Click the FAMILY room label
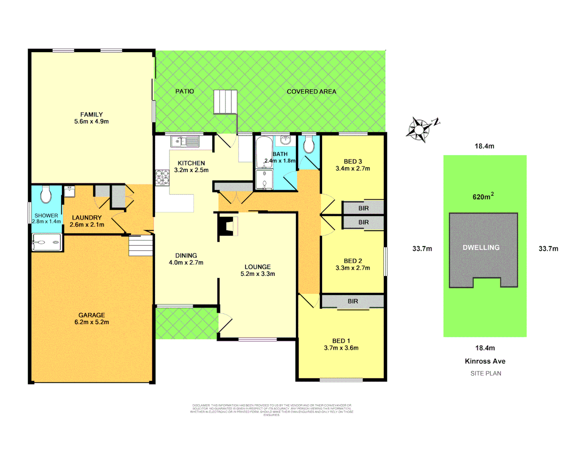[x=91, y=114]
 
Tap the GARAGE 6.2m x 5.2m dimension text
[x=91, y=322]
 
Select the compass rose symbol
[x=420, y=129]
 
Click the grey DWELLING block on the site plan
[x=482, y=247]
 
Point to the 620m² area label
[x=482, y=197]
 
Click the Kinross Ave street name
[x=485, y=361]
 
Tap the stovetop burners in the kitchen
[x=162, y=177]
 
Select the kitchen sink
[x=185, y=141]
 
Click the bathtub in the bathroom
[x=264, y=152]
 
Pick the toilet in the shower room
[x=46, y=195]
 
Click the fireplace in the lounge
[x=227, y=226]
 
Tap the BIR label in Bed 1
[x=353, y=301]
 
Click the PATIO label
[x=184, y=91]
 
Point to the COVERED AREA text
[x=311, y=92]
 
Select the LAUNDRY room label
[x=87, y=218]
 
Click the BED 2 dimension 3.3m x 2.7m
[x=352, y=268]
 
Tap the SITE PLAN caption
[x=485, y=374]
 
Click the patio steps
[x=225, y=102]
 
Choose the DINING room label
[x=186, y=255]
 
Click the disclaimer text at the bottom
[x=271, y=410]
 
